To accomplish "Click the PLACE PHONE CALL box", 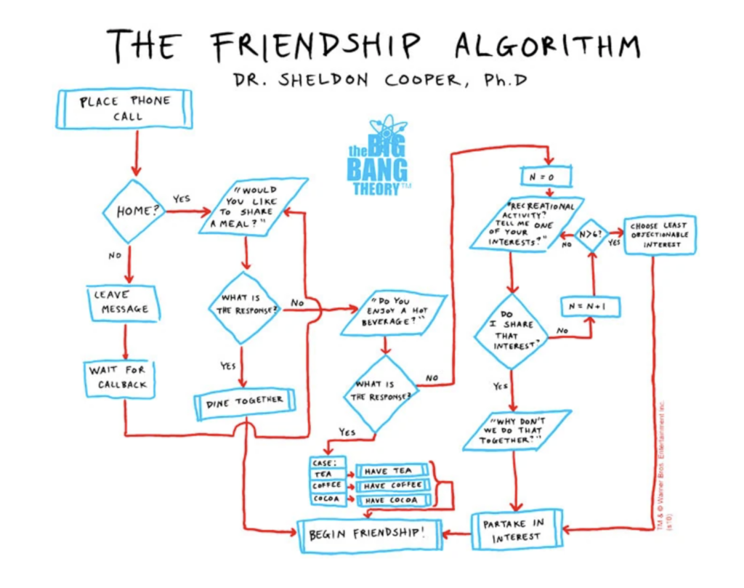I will click(124, 109).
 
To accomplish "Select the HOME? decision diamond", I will click(132, 212).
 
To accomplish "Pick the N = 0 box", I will click(546, 177).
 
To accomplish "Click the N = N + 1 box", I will click(591, 306).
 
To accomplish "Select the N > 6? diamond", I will click(591, 235).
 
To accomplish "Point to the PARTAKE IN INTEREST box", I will click(517, 531).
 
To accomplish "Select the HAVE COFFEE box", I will click(392, 486).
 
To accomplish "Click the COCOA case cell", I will click(328, 500).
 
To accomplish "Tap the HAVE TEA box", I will click(392, 471).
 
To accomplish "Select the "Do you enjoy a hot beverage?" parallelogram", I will click(393, 313).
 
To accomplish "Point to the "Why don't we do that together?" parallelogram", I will click(517, 430).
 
